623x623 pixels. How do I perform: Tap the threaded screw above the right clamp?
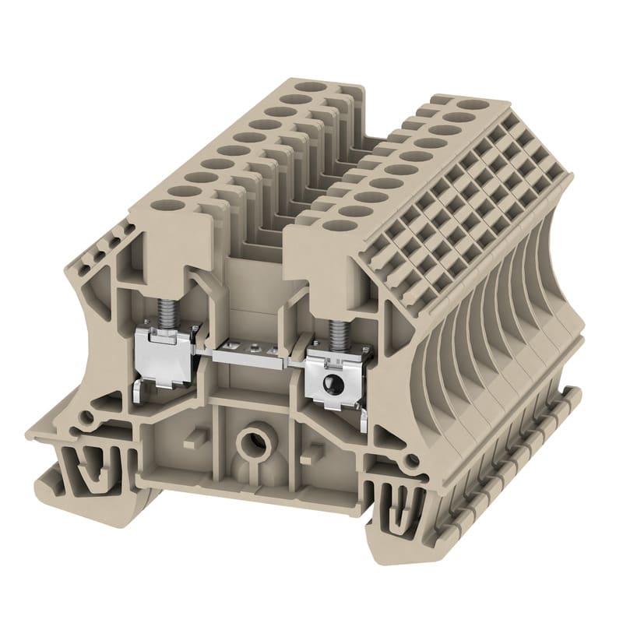(x=336, y=332)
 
